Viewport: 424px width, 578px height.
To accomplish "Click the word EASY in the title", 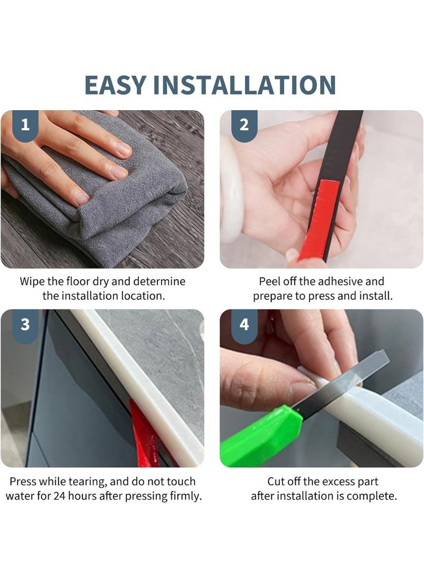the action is (x=114, y=85).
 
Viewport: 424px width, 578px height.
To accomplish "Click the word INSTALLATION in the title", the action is (x=244, y=85).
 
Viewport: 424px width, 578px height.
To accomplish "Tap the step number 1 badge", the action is (x=25, y=126).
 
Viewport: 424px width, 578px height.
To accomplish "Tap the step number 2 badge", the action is (x=244, y=126).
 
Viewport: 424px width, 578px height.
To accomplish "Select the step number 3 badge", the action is (x=25, y=325).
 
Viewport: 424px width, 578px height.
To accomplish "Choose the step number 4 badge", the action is (x=244, y=325).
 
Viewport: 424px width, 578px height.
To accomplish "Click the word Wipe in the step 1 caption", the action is (x=32, y=282).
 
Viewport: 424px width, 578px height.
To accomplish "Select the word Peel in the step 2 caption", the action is (x=268, y=282).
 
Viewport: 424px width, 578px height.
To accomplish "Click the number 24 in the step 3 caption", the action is (x=60, y=496).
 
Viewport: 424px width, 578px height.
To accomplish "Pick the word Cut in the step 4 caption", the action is (x=276, y=482).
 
